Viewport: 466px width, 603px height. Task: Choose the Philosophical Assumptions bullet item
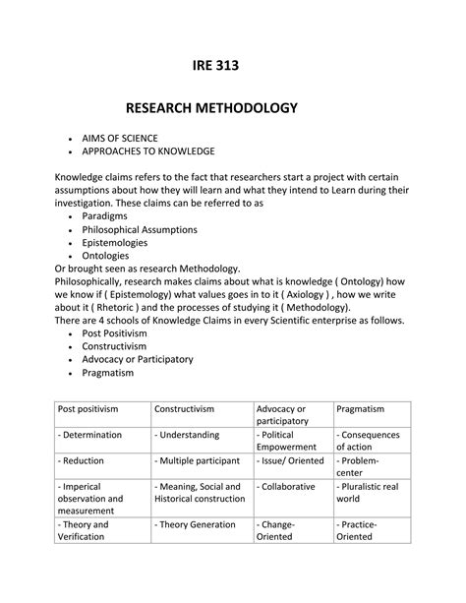[x=140, y=229]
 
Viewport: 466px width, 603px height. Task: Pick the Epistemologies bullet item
[x=115, y=242]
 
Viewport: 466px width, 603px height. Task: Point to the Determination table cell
[x=91, y=434]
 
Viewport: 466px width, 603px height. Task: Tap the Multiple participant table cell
[x=199, y=459]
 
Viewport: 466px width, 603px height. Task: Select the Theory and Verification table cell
[x=86, y=531]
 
